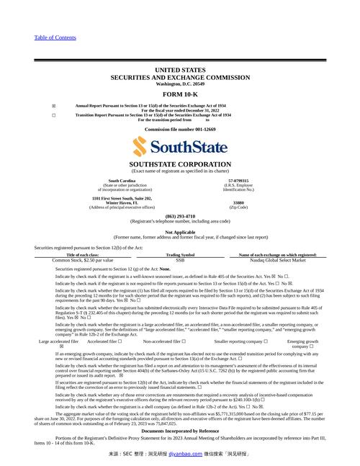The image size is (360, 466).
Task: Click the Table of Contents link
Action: tap(55, 37)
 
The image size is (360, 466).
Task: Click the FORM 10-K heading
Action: tap(180, 94)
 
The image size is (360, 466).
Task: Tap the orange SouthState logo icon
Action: tap(142, 148)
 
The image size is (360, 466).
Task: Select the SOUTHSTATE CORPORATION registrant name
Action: tap(180, 164)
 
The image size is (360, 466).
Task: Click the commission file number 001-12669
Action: tap(180, 129)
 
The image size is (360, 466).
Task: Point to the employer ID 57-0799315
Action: tap(238, 181)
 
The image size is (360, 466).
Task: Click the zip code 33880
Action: tap(238, 203)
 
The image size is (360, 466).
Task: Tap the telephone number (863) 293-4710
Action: tap(180, 216)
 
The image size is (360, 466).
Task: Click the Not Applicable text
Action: tap(180, 232)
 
